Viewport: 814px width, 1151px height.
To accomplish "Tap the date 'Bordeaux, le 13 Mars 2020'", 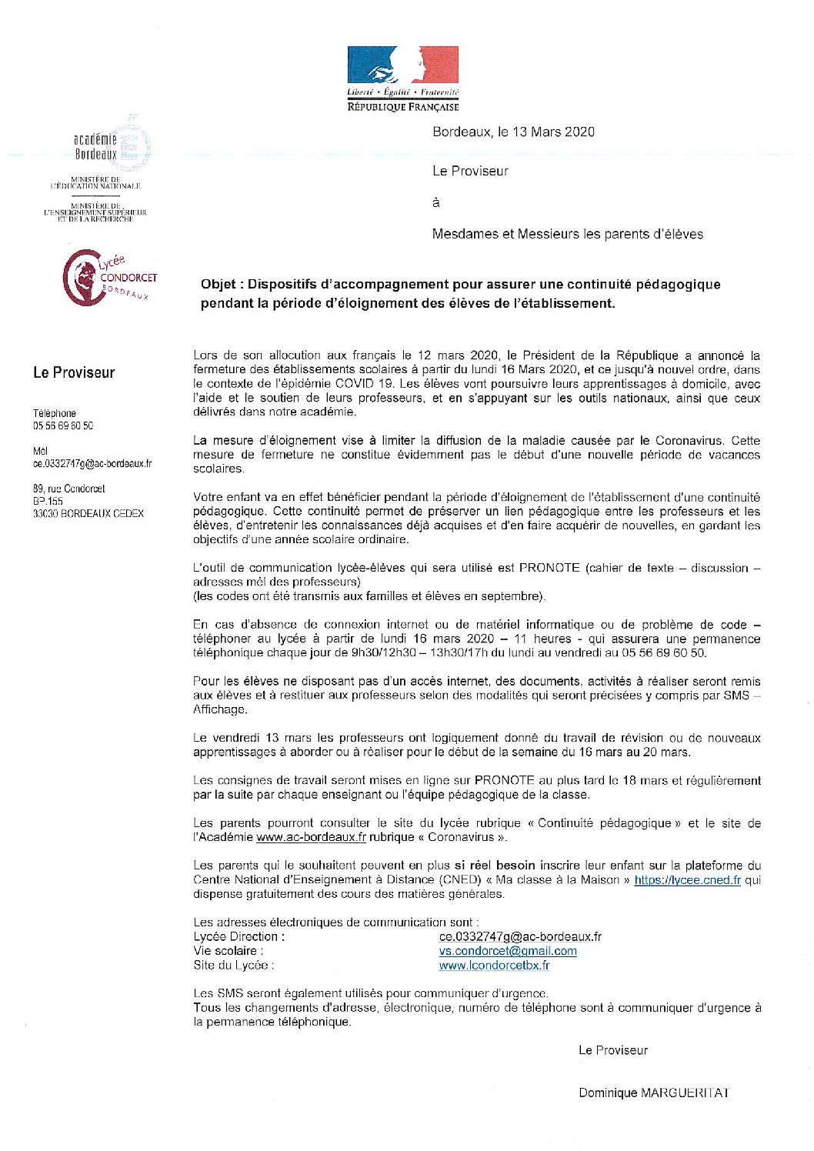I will (513, 132).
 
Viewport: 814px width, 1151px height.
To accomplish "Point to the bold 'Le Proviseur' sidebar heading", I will (74, 372).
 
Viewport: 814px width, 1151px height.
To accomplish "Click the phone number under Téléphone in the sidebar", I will (63, 425).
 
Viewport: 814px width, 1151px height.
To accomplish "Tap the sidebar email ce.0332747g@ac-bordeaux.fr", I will (92, 464).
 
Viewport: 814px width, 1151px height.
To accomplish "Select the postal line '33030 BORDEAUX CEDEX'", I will (88, 513).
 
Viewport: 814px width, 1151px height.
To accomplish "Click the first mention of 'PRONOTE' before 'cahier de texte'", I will (549, 568).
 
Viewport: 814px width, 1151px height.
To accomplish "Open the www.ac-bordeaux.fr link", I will (311, 837).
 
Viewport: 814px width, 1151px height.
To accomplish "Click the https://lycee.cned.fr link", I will (687, 879).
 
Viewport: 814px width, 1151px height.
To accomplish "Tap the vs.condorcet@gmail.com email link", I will (508, 951).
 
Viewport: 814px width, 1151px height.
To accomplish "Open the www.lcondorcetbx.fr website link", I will (494, 965).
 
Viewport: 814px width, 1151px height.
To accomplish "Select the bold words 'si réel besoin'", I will (494, 866).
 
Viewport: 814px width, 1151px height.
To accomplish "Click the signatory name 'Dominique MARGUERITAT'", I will (653, 1093).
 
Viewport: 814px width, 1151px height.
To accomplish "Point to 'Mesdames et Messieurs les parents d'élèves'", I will (567, 234).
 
